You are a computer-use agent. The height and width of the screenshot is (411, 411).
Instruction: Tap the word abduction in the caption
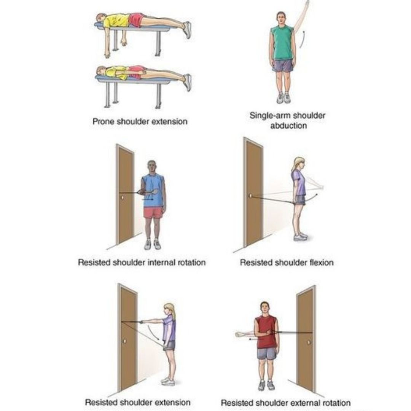point(288,126)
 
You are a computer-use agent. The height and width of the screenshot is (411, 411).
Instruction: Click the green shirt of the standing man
point(282,42)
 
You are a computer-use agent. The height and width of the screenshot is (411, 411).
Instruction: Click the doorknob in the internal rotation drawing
point(123,198)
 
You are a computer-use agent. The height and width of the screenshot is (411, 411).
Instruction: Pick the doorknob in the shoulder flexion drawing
point(250,196)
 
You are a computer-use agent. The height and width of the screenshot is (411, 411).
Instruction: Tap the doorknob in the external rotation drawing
point(309,342)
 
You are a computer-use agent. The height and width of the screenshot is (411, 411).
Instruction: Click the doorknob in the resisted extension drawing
point(125,341)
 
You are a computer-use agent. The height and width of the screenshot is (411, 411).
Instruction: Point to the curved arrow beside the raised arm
point(302,39)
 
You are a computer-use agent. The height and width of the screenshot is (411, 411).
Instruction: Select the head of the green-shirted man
point(281,18)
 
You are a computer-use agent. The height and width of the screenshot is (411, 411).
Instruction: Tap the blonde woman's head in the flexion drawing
point(299,164)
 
